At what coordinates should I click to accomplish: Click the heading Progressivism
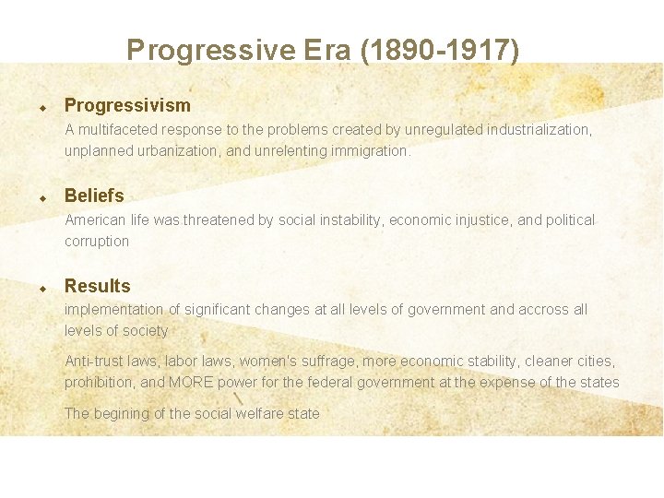127,105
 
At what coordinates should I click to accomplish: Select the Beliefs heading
94,196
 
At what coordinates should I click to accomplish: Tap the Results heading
97,286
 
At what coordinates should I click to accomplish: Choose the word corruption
97,241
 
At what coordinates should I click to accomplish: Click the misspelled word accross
544,310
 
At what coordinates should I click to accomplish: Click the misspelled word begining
122,413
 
